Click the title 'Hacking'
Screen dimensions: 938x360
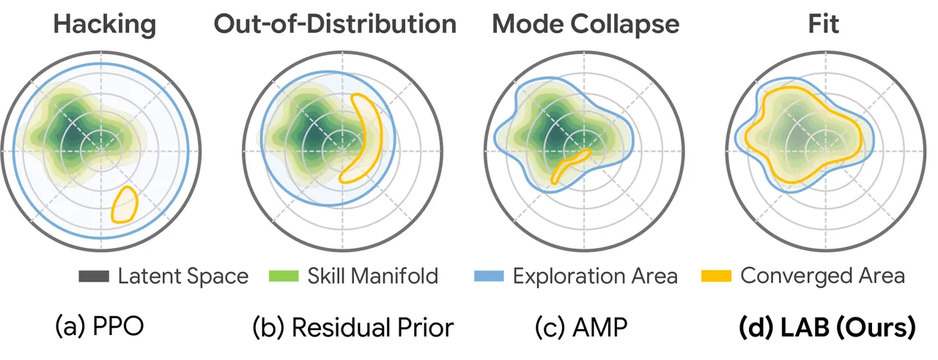pos(105,25)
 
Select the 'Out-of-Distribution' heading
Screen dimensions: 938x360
pos(335,24)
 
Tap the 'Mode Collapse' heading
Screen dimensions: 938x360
pos(586,25)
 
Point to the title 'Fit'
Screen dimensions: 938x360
pos(823,24)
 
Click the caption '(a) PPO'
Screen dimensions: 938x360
pos(100,326)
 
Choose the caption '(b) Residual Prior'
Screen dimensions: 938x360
pos(353,327)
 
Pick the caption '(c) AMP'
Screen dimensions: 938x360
pos(581,327)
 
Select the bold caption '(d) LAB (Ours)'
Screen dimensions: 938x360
pos(827,327)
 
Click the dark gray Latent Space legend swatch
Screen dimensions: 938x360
pos(94,276)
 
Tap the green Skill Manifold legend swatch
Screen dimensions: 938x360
pos(284,276)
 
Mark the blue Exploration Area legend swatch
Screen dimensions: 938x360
pos(489,276)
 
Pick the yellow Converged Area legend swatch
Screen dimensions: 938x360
pos(716,276)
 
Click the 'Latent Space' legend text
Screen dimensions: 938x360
pos(183,276)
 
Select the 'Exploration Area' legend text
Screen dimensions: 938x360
pos(595,276)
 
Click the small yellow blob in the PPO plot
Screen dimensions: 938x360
pos(125,204)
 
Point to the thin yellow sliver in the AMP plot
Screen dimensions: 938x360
pos(570,165)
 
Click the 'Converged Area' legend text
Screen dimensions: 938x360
pos(822,276)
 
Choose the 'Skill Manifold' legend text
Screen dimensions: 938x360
pos(373,276)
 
